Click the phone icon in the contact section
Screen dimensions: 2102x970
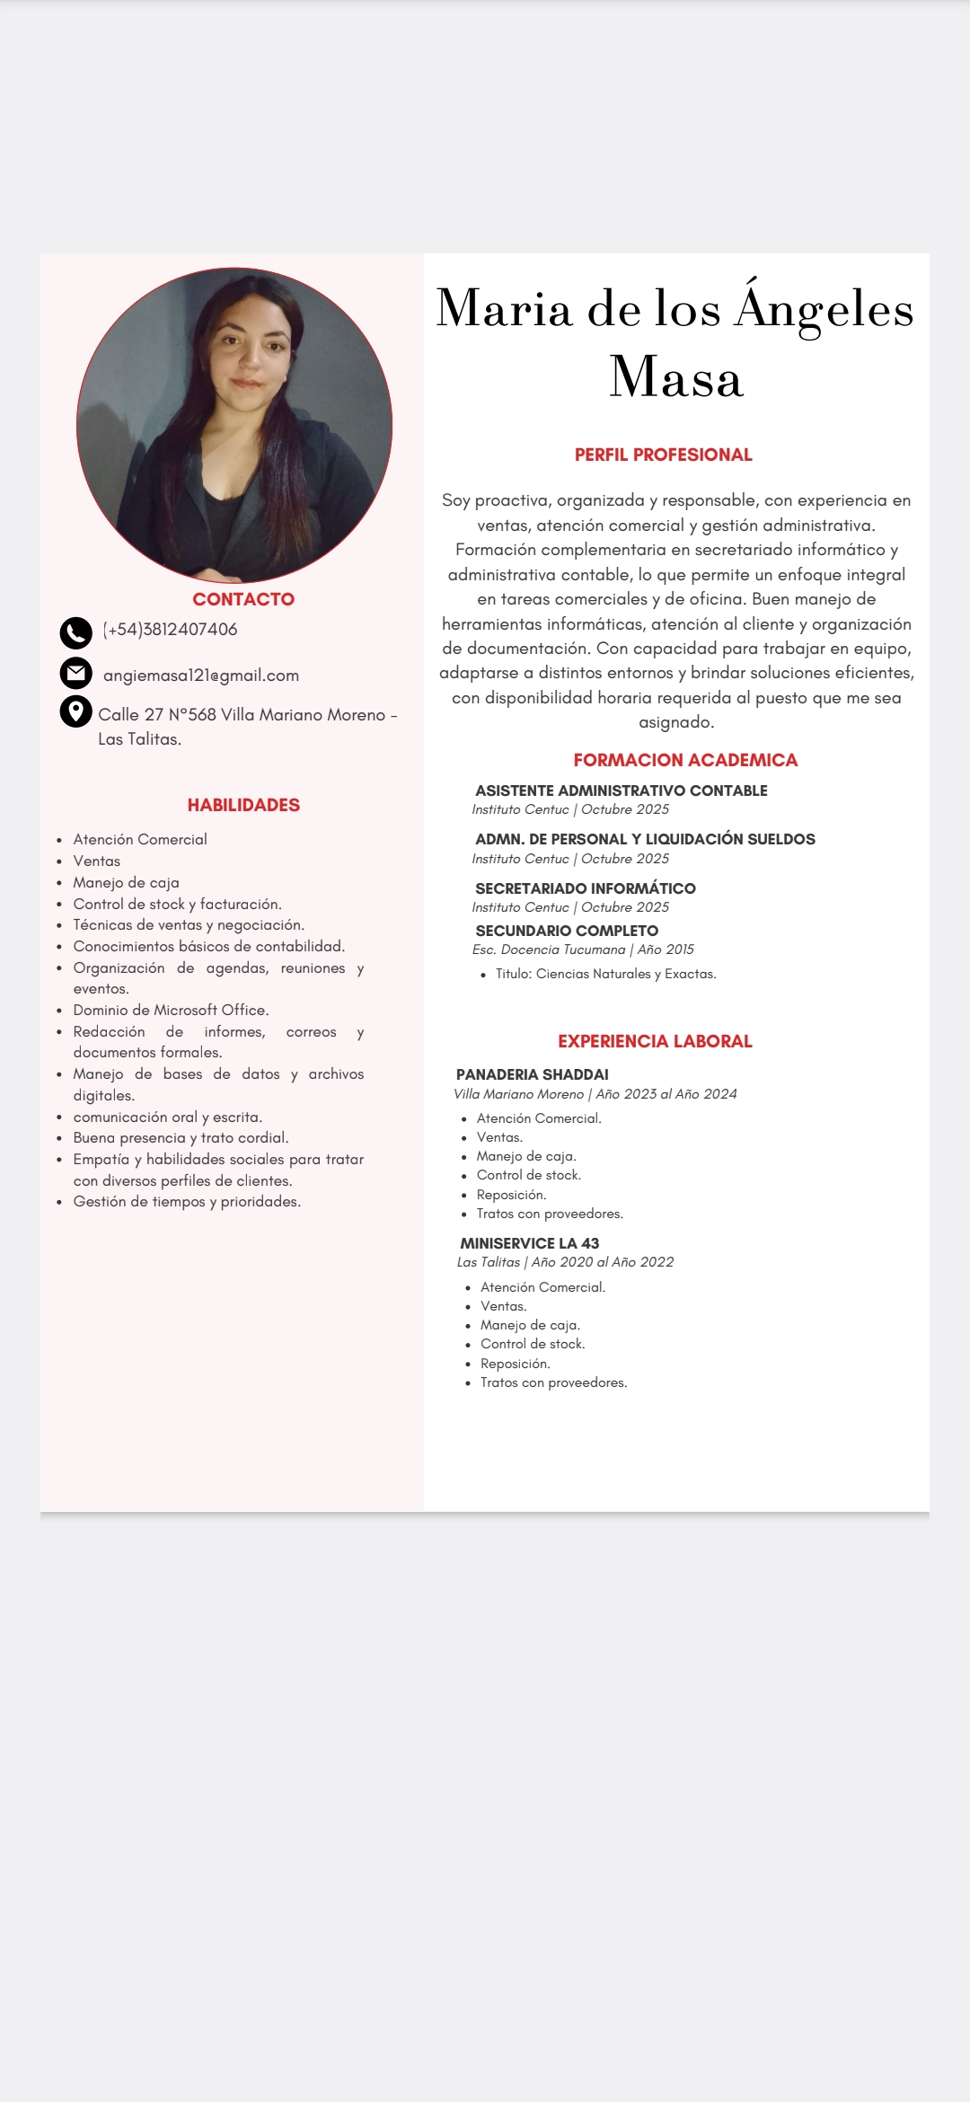click(x=76, y=632)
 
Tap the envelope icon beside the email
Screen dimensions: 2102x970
click(x=76, y=673)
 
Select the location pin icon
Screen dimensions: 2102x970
click(x=76, y=711)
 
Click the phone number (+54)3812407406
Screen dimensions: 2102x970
click(x=171, y=630)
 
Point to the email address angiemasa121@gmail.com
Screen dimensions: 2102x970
click(x=201, y=676)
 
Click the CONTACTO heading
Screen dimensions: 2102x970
click(x=243, y=599)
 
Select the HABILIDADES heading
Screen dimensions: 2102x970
click(x=243, y=805)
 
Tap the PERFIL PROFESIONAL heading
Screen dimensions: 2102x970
click(x=664, y=455)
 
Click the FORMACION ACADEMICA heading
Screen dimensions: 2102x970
click(x=685, y=760)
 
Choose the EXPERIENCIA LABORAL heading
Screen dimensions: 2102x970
click(x=655, y=1041)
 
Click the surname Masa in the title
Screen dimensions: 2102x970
click(x=676, y=376)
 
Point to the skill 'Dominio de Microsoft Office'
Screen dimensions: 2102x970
click(x=171, y=1010)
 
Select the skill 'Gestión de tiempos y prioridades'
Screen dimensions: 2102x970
click(x=187, y=1201)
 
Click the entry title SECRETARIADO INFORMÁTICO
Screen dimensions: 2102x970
click(x=586, y=888)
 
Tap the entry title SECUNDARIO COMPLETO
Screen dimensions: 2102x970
click(x=567, y=931)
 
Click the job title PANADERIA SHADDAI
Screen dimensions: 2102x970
click(x=533, y=1074)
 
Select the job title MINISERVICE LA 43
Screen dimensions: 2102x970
click(x=530, y=1243)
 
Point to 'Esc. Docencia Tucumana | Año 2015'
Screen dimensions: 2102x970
click(x=583, y=949)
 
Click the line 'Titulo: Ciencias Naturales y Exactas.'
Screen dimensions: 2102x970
click(x=606, y=974)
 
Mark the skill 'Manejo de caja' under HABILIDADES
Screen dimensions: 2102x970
click(x=126, y=882)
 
